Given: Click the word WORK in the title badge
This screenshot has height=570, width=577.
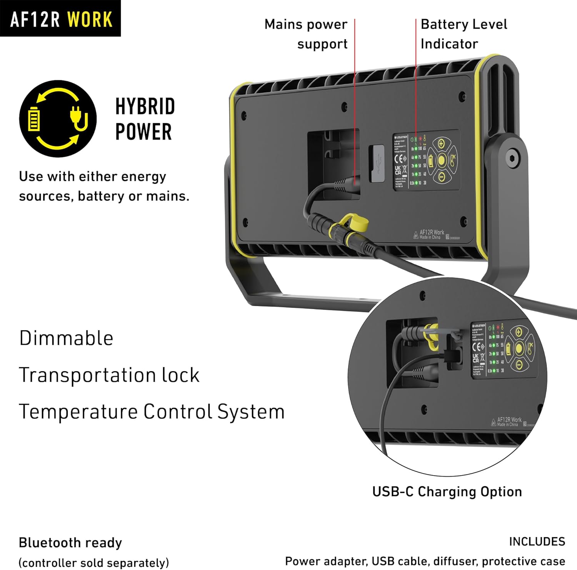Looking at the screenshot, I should click(90, 19).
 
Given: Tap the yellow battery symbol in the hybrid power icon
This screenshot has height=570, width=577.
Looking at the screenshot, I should click(34, 119).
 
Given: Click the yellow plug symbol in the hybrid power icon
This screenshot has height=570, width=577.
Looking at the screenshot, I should click(78, 118).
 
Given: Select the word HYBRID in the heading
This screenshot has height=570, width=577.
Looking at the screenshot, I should click(145, 106).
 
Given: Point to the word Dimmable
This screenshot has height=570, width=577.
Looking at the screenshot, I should click(66, 338).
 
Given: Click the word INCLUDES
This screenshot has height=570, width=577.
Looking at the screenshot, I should click(537, 542).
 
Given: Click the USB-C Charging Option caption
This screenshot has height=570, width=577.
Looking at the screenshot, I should click(447, 492).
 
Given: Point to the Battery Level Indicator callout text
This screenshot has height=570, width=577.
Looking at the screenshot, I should click(464, 34).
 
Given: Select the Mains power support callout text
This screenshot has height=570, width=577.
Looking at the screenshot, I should click(306, 34).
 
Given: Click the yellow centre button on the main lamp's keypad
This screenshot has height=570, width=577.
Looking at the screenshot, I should click(442, 160).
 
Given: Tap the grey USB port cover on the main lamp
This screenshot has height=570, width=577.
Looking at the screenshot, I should click(377, 163).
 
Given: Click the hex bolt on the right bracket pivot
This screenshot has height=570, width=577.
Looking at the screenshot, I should click(512, 157).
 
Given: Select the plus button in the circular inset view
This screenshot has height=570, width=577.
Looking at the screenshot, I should click(519, 332).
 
